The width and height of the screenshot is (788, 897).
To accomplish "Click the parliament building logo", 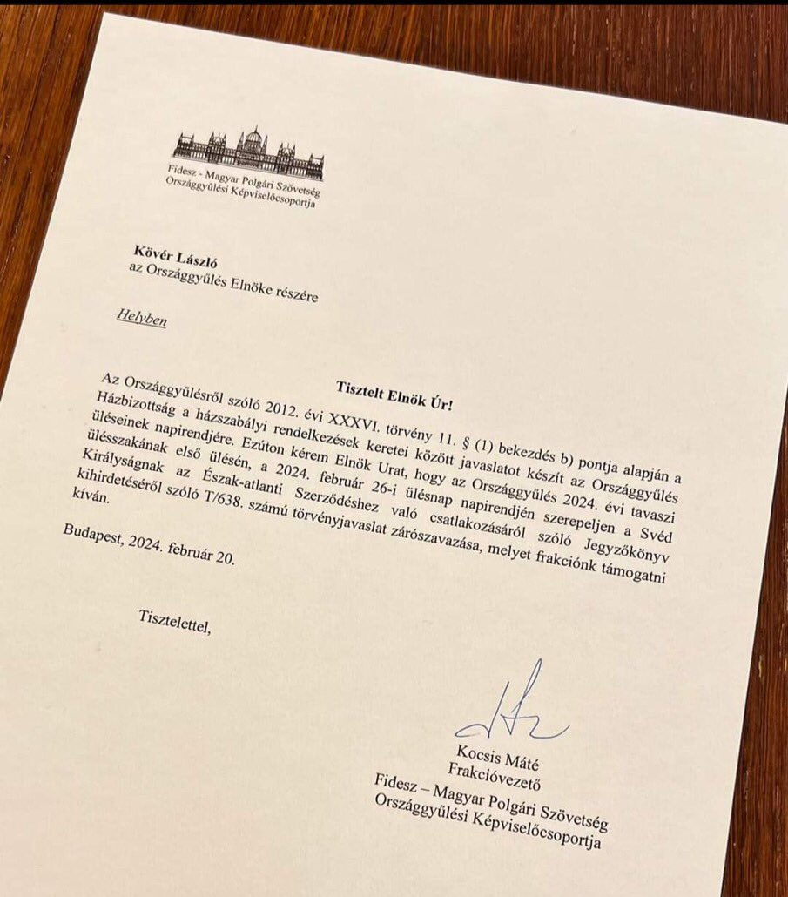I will pos(247,153).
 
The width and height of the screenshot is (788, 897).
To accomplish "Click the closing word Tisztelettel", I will pos(174,620).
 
